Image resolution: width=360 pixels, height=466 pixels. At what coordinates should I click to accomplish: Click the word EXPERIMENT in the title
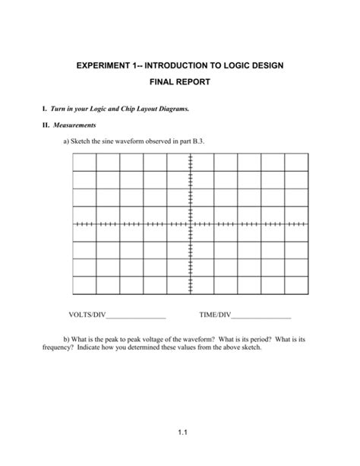click(x=107, y=66)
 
